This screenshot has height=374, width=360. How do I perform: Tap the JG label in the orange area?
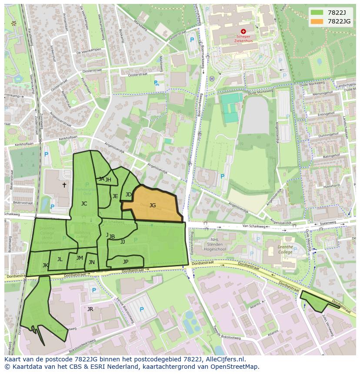pyautogui.click(x=153, y=205)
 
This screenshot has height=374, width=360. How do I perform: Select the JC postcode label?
pyautogui.click(x=84, y=203)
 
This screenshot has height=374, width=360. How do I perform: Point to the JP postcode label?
pyautogui.click(x=126, y=261)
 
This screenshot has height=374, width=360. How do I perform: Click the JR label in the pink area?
pyautogui.click(x=90, y=309)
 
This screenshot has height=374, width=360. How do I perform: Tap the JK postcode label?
pyautogui.click(x=45, y=265)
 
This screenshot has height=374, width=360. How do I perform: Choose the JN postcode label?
pyautogui.click(x=92, y=262)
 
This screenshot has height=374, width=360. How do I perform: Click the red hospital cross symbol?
pyautogui.click(x=243, y=31)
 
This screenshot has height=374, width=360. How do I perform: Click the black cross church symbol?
pyautogui.click(x=64, y=185)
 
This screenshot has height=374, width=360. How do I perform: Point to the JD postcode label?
pyautogui.click(x=129, y=195)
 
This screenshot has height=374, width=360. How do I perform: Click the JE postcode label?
pyautogui.click(x=115, y=196)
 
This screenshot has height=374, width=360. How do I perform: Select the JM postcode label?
pyautogui.click(x=80, y=258)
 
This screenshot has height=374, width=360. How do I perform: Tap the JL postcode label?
pyautogui.click(x=60, y=259)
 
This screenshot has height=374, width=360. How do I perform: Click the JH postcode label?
pyautogui.click(x=108, y=180)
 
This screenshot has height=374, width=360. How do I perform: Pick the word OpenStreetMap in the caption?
pyautogui.click(x=237, y=367)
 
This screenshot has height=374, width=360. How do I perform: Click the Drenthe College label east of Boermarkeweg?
pyautogui.click(x=285, y=249)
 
